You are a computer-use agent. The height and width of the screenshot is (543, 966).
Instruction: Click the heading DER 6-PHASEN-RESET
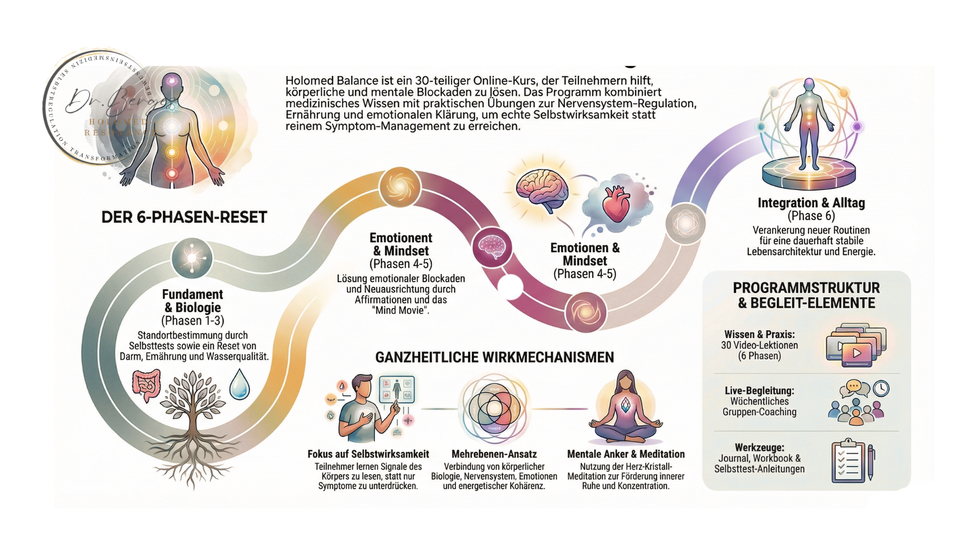184,217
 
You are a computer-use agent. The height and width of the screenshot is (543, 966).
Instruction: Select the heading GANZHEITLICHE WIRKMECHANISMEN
495,357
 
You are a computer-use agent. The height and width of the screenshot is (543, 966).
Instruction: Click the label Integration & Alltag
811,203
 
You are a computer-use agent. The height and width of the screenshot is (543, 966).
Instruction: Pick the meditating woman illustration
625,407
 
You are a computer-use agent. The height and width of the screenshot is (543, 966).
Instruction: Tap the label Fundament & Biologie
192,301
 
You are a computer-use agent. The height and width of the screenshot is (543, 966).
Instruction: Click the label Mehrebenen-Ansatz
494,454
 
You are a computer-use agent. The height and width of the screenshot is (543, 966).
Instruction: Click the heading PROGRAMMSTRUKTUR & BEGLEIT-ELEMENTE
806,295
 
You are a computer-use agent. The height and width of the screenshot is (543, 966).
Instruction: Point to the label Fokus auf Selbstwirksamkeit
368,454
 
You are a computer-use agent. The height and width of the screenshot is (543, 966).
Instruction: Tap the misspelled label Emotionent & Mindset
401,244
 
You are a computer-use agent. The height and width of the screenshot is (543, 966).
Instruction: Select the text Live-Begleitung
759,391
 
